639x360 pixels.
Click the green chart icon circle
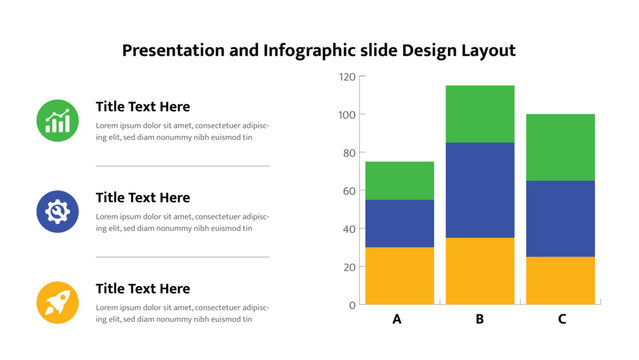pyautogui.click(x=58, y=120)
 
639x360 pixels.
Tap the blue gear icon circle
pyautogui.click(x=58, y=211)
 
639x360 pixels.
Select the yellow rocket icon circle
pyautogui.click(x=58, y=302)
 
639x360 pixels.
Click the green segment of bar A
pyautogui.click(x=399, y=180)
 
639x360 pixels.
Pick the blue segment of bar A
pyautogui.click(x=399, y=223)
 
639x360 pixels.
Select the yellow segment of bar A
pyautogui.click(x=399, y=275)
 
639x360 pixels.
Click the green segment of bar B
pyautogui.click(x=480, y=113)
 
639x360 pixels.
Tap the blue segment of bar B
pyautogui.click(x=480, y=189)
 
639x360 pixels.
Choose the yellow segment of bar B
pyautogui.click(x=480, y=270)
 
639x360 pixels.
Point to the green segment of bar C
pyautogui.click(x=561, y=147)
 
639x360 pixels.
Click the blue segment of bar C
pyautogui.click(x=561, y=218)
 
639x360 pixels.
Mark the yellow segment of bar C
pyautogui.click(x=561, y=280)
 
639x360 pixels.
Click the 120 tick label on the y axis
pyautogui.click(x=346, y=77)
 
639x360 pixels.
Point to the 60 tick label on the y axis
pyautogui.click(x=349, y=191)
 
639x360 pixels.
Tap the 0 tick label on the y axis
pyautogui.click(x=352, y=305)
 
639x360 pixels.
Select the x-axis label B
pyautogui.click(x=480, y=320)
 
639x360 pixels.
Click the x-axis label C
pyautogui.click(x=562, y=320)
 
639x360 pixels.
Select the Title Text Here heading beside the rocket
pyautogui.click(x=142, y=289)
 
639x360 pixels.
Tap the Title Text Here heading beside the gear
pyautogui.click(x=142, y=198)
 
